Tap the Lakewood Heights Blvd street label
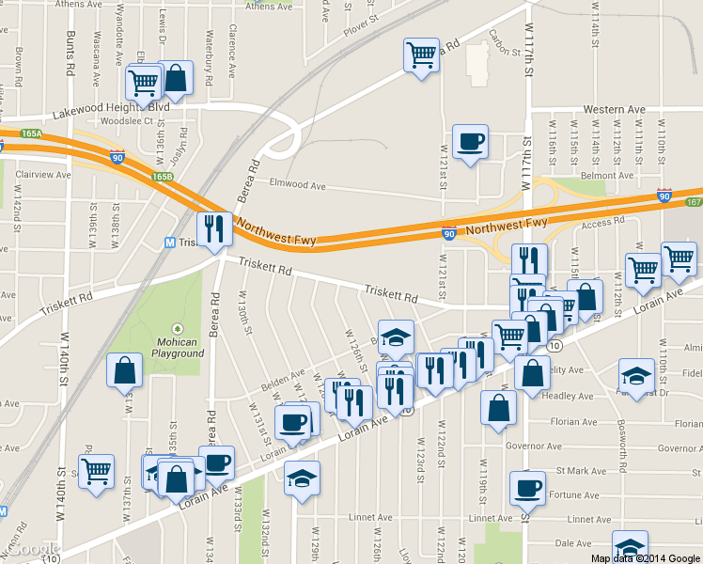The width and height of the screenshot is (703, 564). pyautogui.click(x=110, y=108)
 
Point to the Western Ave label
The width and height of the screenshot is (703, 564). pyautogui.click(x=615, y=110)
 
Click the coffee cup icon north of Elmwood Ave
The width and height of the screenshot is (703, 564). pyautogui.click(x=470, y=142)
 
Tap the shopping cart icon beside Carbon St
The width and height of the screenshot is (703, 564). pyautogui.click(x=421, y=54)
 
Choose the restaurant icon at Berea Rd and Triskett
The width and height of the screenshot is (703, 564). pyautogui.click(x=213, y=229)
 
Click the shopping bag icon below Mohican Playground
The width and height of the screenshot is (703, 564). pyautogui.click(x=124, y=372)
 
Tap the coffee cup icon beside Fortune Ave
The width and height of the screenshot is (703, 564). pyautogui.click(x=526, y=488)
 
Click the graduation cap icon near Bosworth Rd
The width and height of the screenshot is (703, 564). pyautogui.click(x=636, y=376)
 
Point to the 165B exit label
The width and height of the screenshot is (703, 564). pyautogui.click(x=163, y=177)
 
